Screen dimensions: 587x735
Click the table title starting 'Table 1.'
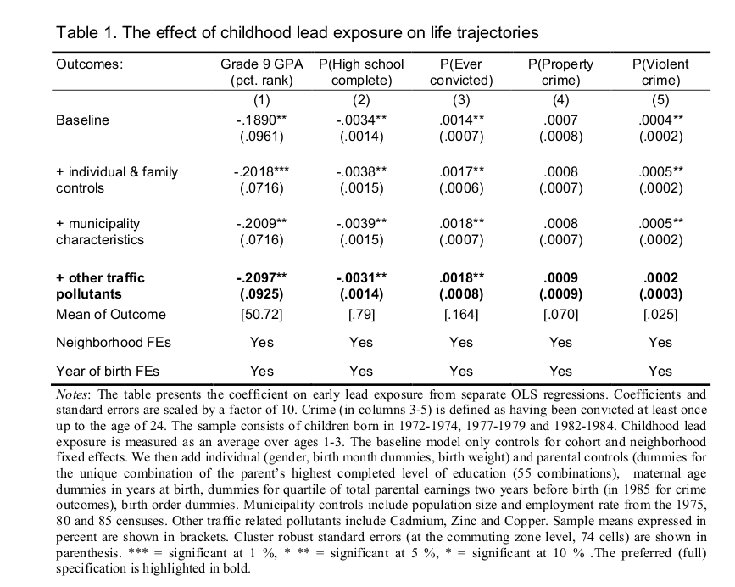click(x=297, y=33)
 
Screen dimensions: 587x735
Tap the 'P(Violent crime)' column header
click(x=660, y=72)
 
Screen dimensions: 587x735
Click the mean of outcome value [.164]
click(x=460, y=315)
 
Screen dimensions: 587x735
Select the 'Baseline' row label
click(x=82, y=120)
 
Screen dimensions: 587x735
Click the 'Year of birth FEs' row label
click(x=108, y=371)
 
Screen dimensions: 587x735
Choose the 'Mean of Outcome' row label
click(x=111, y=315)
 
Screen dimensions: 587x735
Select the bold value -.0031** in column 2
click(x=361, y=278)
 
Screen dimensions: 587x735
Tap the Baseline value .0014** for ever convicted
click(x=462, y=120)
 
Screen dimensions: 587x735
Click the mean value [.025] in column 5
click(x=660, y=315)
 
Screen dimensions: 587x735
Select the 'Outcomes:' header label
click(x=89, y=64)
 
